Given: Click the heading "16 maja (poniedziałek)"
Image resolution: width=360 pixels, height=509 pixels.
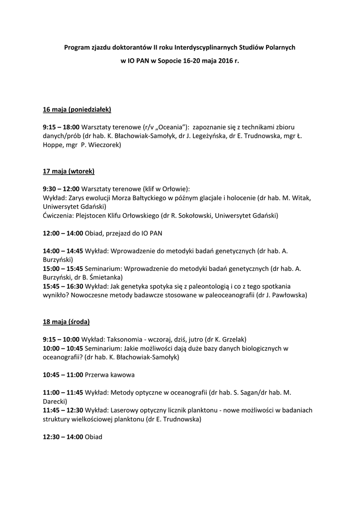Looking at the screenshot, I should click(x=77, y=109).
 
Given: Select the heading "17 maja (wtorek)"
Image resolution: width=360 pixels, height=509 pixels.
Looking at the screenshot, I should click(x=68, y=171).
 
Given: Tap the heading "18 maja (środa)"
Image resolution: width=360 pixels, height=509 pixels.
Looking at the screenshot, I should click(x=66, y=322).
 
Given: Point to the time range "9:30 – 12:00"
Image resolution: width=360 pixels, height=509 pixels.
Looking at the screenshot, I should click(x=61, y=189).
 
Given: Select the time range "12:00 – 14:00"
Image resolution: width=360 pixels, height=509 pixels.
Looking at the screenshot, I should click(x=63, y=233).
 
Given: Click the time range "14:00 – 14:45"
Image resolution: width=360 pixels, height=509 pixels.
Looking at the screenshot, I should click(x=63, y=251).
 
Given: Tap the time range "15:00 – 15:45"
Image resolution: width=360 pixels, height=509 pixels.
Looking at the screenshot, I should click(x=63, y=268).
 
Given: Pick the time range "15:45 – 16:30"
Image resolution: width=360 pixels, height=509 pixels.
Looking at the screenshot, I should click(x=63, y=286).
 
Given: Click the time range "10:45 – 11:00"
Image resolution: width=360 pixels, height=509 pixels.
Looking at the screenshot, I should click(x=63, y=374).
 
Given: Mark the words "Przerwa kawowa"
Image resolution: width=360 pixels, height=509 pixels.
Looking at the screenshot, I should click(x=110, y=374).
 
